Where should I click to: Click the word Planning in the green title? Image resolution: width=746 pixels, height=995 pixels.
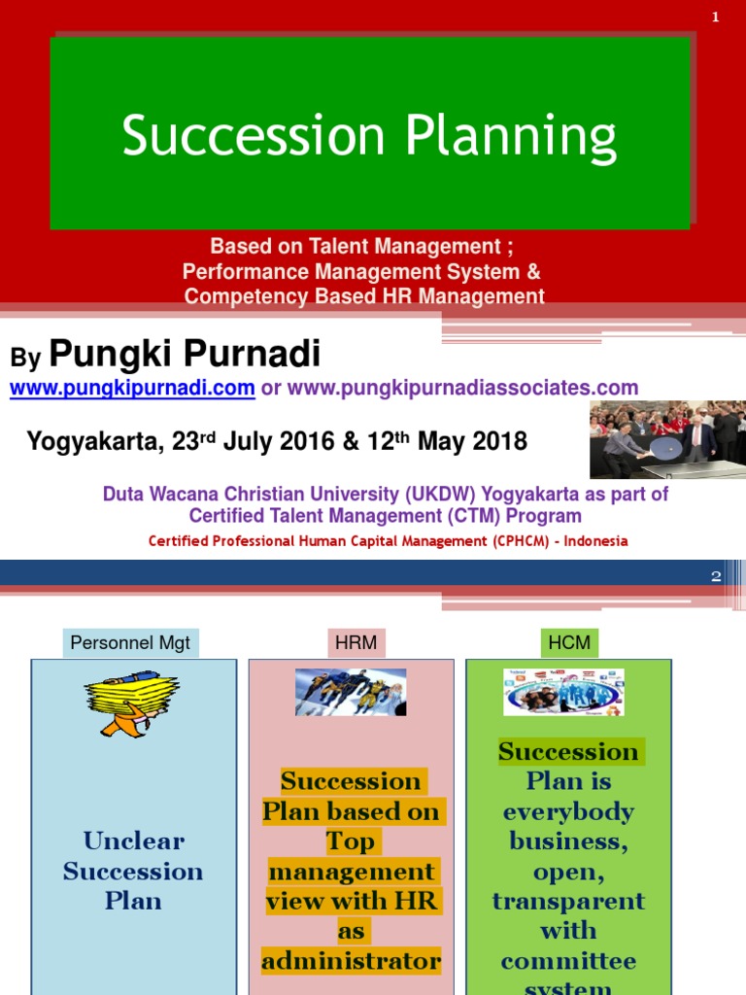pos(511,137)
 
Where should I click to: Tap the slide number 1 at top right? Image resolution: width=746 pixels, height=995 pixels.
pos(716,17)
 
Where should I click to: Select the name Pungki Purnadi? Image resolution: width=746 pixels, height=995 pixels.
pos(185,355)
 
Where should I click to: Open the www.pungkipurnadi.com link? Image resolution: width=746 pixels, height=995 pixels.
pos(132,388)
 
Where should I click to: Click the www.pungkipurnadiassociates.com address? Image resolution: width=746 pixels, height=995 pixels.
pos(463,388)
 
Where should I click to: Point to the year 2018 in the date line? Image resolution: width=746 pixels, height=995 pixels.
pos(496,442)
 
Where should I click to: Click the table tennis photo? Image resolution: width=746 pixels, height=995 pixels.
pos(667,440)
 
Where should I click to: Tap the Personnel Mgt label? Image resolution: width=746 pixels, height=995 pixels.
pos(131,643)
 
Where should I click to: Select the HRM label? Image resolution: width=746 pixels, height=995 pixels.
pos(353,643)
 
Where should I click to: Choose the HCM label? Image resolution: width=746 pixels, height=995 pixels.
pos(568,643)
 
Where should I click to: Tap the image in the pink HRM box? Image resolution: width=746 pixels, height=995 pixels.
pos(351,692)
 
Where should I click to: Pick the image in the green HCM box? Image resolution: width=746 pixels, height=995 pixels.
pos(563,692)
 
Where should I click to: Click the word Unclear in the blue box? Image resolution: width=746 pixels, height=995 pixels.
pos(133,841)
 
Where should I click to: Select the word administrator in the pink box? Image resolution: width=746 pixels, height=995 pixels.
pos(351,961)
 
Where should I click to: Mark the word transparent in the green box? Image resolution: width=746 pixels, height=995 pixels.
pos(568,901)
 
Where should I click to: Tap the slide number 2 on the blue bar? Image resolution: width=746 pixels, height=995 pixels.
pos(716,576)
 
